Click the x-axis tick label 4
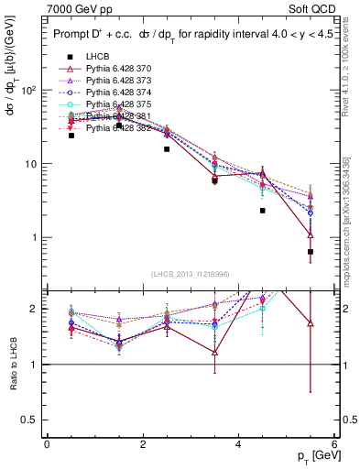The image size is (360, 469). pos(238,444)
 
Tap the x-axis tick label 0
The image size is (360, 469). pos(47,444)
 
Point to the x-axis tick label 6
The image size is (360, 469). pos(334,444)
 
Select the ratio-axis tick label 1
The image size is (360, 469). pos(36,365)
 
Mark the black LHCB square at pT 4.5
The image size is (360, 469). pos(262,211)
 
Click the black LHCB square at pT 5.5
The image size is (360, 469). pos(311,252)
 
